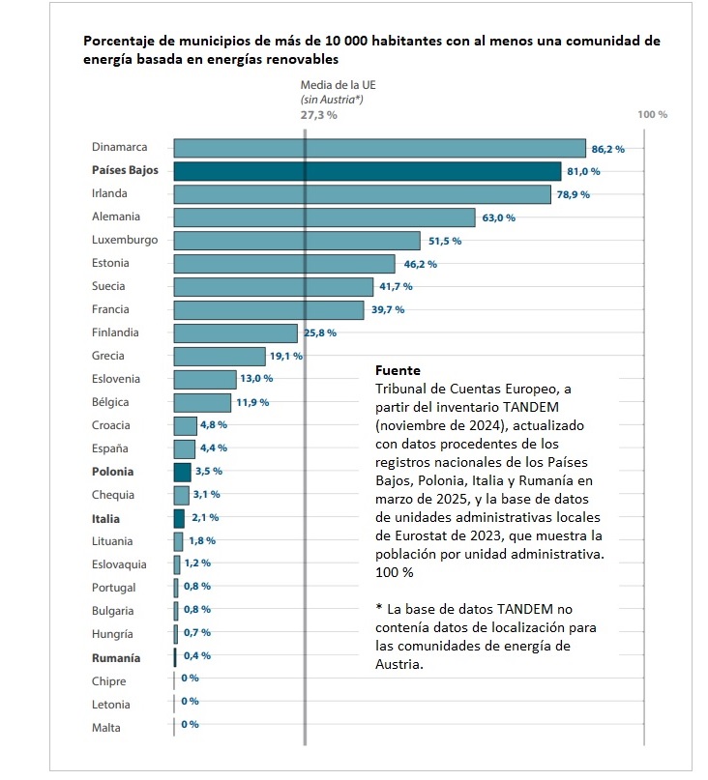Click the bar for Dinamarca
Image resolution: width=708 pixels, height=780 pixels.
[379, 148]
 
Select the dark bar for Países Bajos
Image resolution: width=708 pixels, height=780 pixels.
[368, 171]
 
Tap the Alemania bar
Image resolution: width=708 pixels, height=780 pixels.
[324, 217]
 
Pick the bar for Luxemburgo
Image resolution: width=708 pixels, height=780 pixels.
[297, 241]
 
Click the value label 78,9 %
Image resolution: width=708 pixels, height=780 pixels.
[574, 194]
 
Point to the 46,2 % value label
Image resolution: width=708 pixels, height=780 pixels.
[421, 264]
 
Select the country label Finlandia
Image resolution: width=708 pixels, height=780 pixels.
[115, 332]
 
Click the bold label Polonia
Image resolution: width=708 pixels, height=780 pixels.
[112, 472]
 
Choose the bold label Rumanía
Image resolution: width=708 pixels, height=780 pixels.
[115, 658]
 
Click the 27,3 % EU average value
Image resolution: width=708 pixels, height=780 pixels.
[319, 115]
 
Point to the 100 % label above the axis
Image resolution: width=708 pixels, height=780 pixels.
[653, 115]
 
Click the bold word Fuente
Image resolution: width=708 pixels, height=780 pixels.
[396, 370]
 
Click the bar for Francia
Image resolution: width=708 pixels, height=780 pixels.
[269, 309]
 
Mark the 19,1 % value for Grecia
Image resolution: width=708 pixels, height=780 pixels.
[286, 356]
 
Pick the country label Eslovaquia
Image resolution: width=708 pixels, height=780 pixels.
[120, 564]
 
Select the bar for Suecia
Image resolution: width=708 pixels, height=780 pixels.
[274, 287]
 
